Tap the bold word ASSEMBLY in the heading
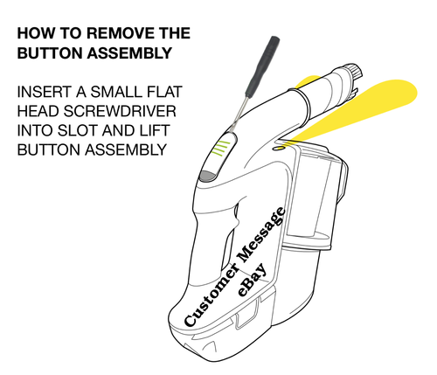pos(131,52)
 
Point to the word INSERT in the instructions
pos(45,92)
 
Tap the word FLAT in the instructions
pos(172,92)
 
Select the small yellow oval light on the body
pos(279,148)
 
